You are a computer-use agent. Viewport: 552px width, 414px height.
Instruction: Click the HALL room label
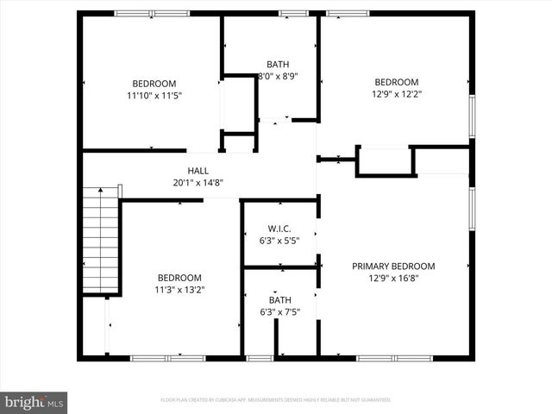coord(198,171)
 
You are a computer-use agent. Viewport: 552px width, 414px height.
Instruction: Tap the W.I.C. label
coord(278,229)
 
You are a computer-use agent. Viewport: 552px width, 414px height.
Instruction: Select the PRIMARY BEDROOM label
coord(393,267)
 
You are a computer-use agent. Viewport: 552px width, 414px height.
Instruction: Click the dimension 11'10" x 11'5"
coord(154,95)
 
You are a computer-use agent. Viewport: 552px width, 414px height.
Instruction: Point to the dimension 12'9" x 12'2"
coord(397,94)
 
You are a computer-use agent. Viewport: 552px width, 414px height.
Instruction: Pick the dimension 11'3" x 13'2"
coord(179,290)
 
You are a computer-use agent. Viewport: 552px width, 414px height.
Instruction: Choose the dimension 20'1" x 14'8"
coord(198,182)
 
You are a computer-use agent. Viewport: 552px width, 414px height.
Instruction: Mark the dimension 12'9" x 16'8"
coord(393,278)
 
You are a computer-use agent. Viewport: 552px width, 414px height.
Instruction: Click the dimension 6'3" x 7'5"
coord(279,311)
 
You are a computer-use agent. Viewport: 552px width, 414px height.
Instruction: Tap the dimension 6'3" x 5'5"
coord(278,241)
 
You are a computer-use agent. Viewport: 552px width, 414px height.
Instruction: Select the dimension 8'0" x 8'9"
coord(278,76)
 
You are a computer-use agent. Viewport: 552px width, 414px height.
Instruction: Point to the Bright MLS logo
coord(34,402)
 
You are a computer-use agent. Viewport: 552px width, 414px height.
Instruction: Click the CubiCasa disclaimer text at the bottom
coord(276,400)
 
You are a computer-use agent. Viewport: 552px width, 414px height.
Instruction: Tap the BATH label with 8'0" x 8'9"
coord(278,65)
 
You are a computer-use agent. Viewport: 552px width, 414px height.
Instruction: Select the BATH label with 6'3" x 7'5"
coord(279,300)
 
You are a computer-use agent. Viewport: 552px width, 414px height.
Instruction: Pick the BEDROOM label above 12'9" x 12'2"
coord(397,83)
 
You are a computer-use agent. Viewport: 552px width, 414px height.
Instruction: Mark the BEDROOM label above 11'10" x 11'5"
coord(154,84)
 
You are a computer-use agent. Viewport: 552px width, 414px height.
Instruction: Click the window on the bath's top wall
coord(293,14)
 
